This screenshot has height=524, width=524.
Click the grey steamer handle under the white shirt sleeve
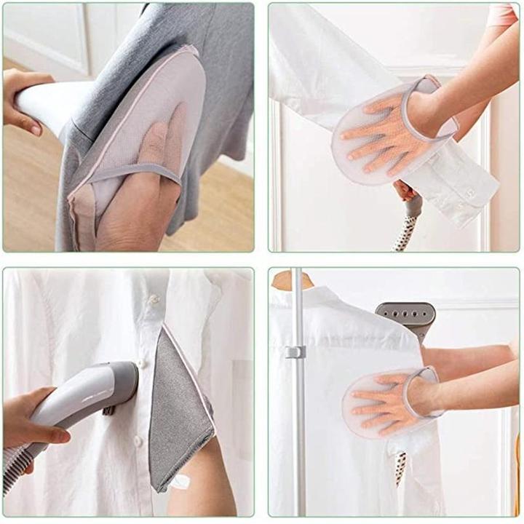(412, 208)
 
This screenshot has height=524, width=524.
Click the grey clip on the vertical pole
(295, 352)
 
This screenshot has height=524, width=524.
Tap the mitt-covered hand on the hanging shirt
(389, 404)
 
